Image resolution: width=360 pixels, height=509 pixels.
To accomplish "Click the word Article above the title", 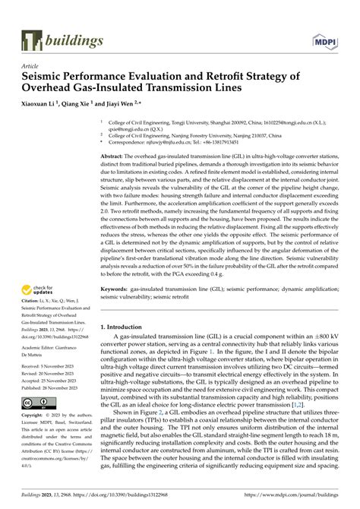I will tap(31, 66).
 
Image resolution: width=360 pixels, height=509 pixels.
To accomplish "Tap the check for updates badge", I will tap(38, 290).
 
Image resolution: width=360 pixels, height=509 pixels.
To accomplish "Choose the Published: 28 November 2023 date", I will tap(54, 387).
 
